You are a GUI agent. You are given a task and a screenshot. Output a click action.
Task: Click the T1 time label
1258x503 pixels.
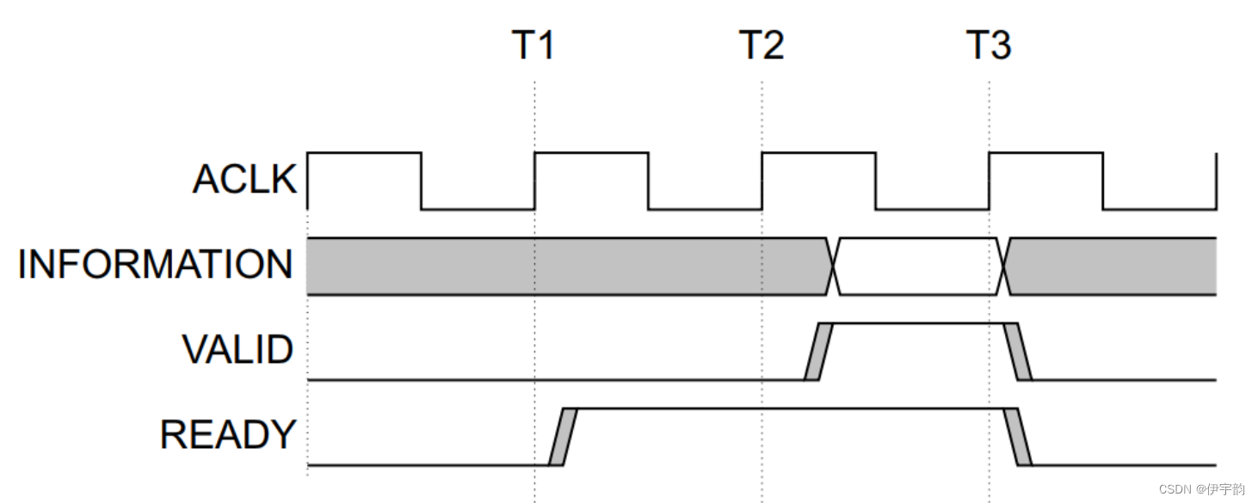pyautogui.click(x=533, y=45)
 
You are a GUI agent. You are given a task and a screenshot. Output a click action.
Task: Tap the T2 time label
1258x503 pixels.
pyautogui.click(x=762, y=45)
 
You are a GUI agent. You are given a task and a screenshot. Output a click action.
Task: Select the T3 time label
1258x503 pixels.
pyautogui.click(x=988, y=45)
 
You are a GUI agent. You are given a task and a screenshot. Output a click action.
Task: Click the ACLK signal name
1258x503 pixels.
pyautogui.click(x=244, y=180)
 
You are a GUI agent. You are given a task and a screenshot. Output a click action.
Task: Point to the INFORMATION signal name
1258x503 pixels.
pyautogui.click(x=155, y=264)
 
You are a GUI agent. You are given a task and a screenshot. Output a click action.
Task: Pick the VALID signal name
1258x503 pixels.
pyautogui.click(x=237, y=350)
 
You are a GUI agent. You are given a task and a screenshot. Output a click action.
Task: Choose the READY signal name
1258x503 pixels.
pyautogui.click(x=227, y=435)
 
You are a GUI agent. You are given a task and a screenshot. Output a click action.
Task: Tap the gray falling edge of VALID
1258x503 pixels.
pyautogui.click(x=1017, y=351)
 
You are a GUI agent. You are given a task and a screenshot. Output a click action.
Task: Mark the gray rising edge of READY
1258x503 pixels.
pyautogui.click(x=563, y=437)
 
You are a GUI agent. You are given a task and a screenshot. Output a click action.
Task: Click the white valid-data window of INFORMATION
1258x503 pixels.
pyautogui.click(x=918, y=266)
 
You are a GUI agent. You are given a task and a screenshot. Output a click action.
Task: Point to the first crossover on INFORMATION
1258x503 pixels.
pyautogui.click(x=833, y=266)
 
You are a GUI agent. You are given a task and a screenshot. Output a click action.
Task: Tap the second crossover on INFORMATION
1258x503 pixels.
pyautogui.click(x=1003, y=266)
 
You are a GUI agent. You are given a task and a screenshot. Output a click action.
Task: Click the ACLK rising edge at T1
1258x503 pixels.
pyautogui.click(x=534, y=181)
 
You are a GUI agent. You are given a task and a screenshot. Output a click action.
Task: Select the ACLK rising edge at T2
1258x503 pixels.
pyautogui.click(x=762, y=181)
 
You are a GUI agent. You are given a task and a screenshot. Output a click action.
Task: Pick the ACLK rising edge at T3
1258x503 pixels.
pyautogui.click(x=989, y=181)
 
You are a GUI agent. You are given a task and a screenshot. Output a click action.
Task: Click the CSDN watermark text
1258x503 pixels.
pyautogui.click(x=1201, y=489)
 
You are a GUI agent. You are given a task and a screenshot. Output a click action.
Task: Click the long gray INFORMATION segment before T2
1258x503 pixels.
pyautogui.click(x=559, y=266)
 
